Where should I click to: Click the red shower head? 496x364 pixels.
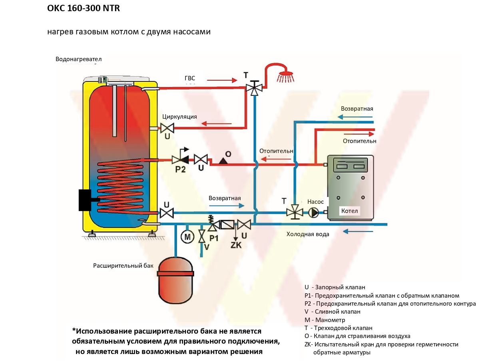click(x=286, y=77)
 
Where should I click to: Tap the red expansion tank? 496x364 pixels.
click(x=175, y=280)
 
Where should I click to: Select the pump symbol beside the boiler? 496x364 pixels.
click(x=313, y=213)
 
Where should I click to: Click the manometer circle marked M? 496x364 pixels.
click(x=187, y=237)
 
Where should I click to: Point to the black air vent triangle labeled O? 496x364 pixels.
click(x=223, y=161)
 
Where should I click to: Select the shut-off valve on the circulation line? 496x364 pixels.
click(x=167, y=128)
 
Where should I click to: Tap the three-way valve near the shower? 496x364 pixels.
click(x=254, y=88)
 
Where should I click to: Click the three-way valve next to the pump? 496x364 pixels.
click(x=295, y=212)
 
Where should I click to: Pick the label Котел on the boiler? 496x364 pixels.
click(x=349, y=211)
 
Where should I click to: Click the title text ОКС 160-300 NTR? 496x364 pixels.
click(x=84, y=8)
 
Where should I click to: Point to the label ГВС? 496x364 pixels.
click(x=190, y=78)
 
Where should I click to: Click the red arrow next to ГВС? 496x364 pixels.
click(x=222, y=80)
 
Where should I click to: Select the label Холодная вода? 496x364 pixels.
click(x=308, y=234)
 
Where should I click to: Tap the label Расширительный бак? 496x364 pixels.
click(x=123, y=266)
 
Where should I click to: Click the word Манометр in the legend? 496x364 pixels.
click(x=330, y=320)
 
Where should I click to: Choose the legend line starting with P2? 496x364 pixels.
click(x=390, y=304)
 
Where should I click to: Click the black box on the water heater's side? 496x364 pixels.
click(x=85, y=200)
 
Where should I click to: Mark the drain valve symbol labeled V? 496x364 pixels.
click(x=201, y=237)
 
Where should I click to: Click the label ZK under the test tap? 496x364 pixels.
click(x=236, y=245)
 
